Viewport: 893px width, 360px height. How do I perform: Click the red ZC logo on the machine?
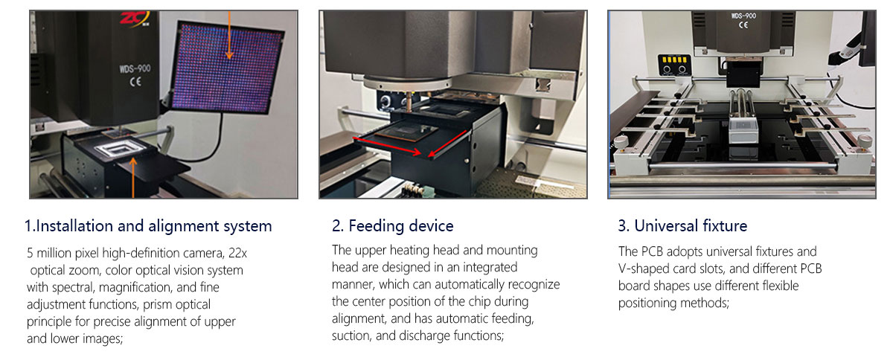click(x=135, y=19)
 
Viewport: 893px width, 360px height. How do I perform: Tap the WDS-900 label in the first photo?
click(x=135, y=68)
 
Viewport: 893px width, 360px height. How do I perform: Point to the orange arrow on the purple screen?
click(x=229, y=35)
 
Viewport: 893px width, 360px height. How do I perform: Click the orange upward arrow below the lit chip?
click(x=133, y=178)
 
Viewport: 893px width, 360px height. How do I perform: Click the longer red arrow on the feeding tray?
click(x=387, y=146)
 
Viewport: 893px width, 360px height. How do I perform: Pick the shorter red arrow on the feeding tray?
click(x=447, y=144)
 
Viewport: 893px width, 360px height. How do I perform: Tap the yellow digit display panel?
click(x=674, y=60)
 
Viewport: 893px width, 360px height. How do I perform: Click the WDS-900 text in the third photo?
click(x=743, y=16)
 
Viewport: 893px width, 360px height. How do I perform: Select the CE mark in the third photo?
click(x=743, y=25)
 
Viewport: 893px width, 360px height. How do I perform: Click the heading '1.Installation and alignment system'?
click(x=148, y=226)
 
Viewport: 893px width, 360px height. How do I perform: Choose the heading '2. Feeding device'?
click(x=393, y=225)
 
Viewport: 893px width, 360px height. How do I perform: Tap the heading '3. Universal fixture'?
click(x=682, y=225)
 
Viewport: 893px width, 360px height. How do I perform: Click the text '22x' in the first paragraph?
click(x=237, y=253)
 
